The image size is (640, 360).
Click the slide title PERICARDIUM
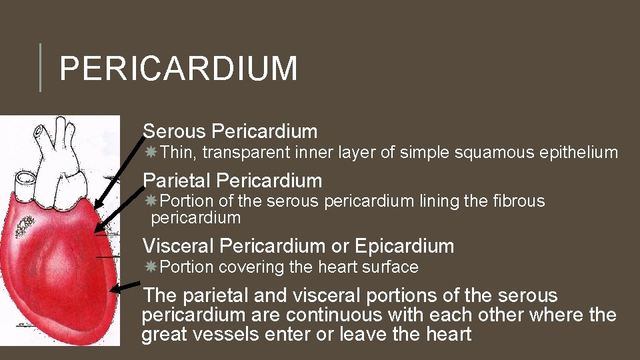[178, 69]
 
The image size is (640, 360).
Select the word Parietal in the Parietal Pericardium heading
[177, 181]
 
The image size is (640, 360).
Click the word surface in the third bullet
[389, 268]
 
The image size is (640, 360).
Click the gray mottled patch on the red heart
[27, 226]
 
